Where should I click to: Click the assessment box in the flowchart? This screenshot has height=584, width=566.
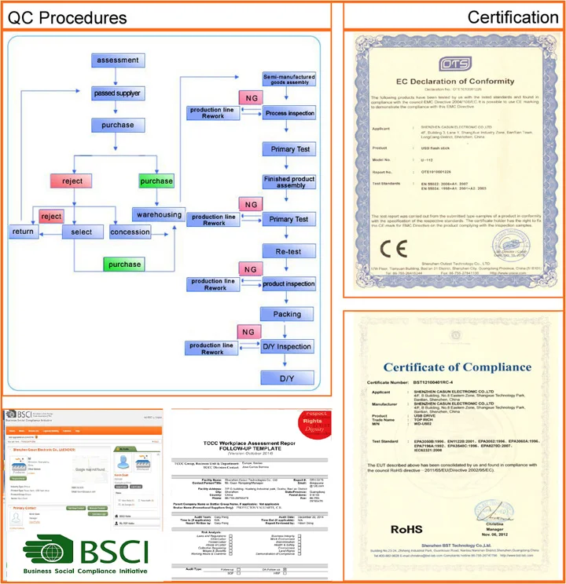[116, 60]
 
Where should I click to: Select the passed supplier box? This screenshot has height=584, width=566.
[116, 93]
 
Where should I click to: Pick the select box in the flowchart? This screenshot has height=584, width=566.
[81, 232]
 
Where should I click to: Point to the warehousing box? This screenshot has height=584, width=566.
[159, 214]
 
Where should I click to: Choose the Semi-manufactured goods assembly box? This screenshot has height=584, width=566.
[289, 79]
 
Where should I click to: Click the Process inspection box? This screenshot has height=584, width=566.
[289, 114]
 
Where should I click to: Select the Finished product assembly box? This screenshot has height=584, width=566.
[289, 182]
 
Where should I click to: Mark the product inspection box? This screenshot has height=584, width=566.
[289, 283]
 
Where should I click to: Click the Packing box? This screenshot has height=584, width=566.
[289, 314]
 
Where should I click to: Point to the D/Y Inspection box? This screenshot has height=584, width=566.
[289, 346]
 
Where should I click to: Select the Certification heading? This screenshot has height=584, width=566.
[512, 17]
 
